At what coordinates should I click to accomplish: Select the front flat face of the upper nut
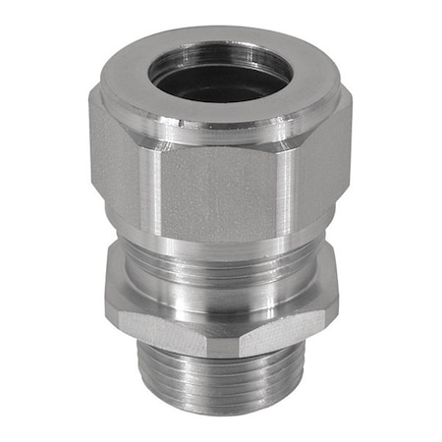(218, 193)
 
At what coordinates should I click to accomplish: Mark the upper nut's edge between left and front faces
(157, 187)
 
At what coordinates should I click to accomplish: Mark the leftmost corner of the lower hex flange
(105, 295)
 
